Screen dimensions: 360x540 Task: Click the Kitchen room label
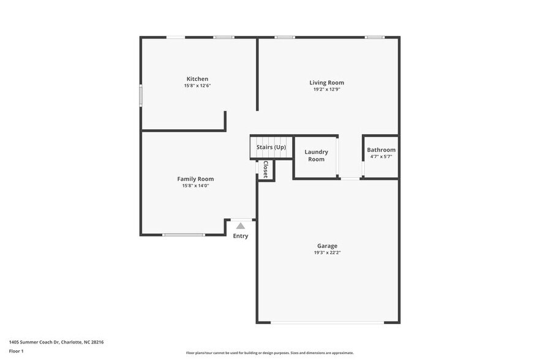pos(197,79)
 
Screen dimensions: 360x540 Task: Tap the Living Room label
pos(326,83)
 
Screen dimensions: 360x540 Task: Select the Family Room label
pos(195,179)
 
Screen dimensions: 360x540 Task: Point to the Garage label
pos(327,246)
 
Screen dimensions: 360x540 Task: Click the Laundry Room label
pos(316,156)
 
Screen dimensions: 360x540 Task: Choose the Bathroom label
pos(381,150)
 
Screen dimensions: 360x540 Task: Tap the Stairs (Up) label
pos(271,148)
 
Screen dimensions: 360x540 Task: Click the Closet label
pos(265,169)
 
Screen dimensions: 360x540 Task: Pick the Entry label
pos(241,236)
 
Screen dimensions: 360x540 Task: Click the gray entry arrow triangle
pos(241,226)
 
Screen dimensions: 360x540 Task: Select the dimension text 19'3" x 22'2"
pos(327,252)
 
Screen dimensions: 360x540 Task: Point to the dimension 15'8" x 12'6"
pos(197,86)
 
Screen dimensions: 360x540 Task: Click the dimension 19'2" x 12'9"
pos(326,89)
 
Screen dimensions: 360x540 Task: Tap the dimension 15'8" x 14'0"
pos(195,186)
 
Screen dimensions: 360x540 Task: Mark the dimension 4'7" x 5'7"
pos(381,157)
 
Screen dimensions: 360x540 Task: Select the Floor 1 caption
pos(17,351)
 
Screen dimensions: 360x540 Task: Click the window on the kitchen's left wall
pos(141,96)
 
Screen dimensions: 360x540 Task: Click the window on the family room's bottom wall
pos(184,234)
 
